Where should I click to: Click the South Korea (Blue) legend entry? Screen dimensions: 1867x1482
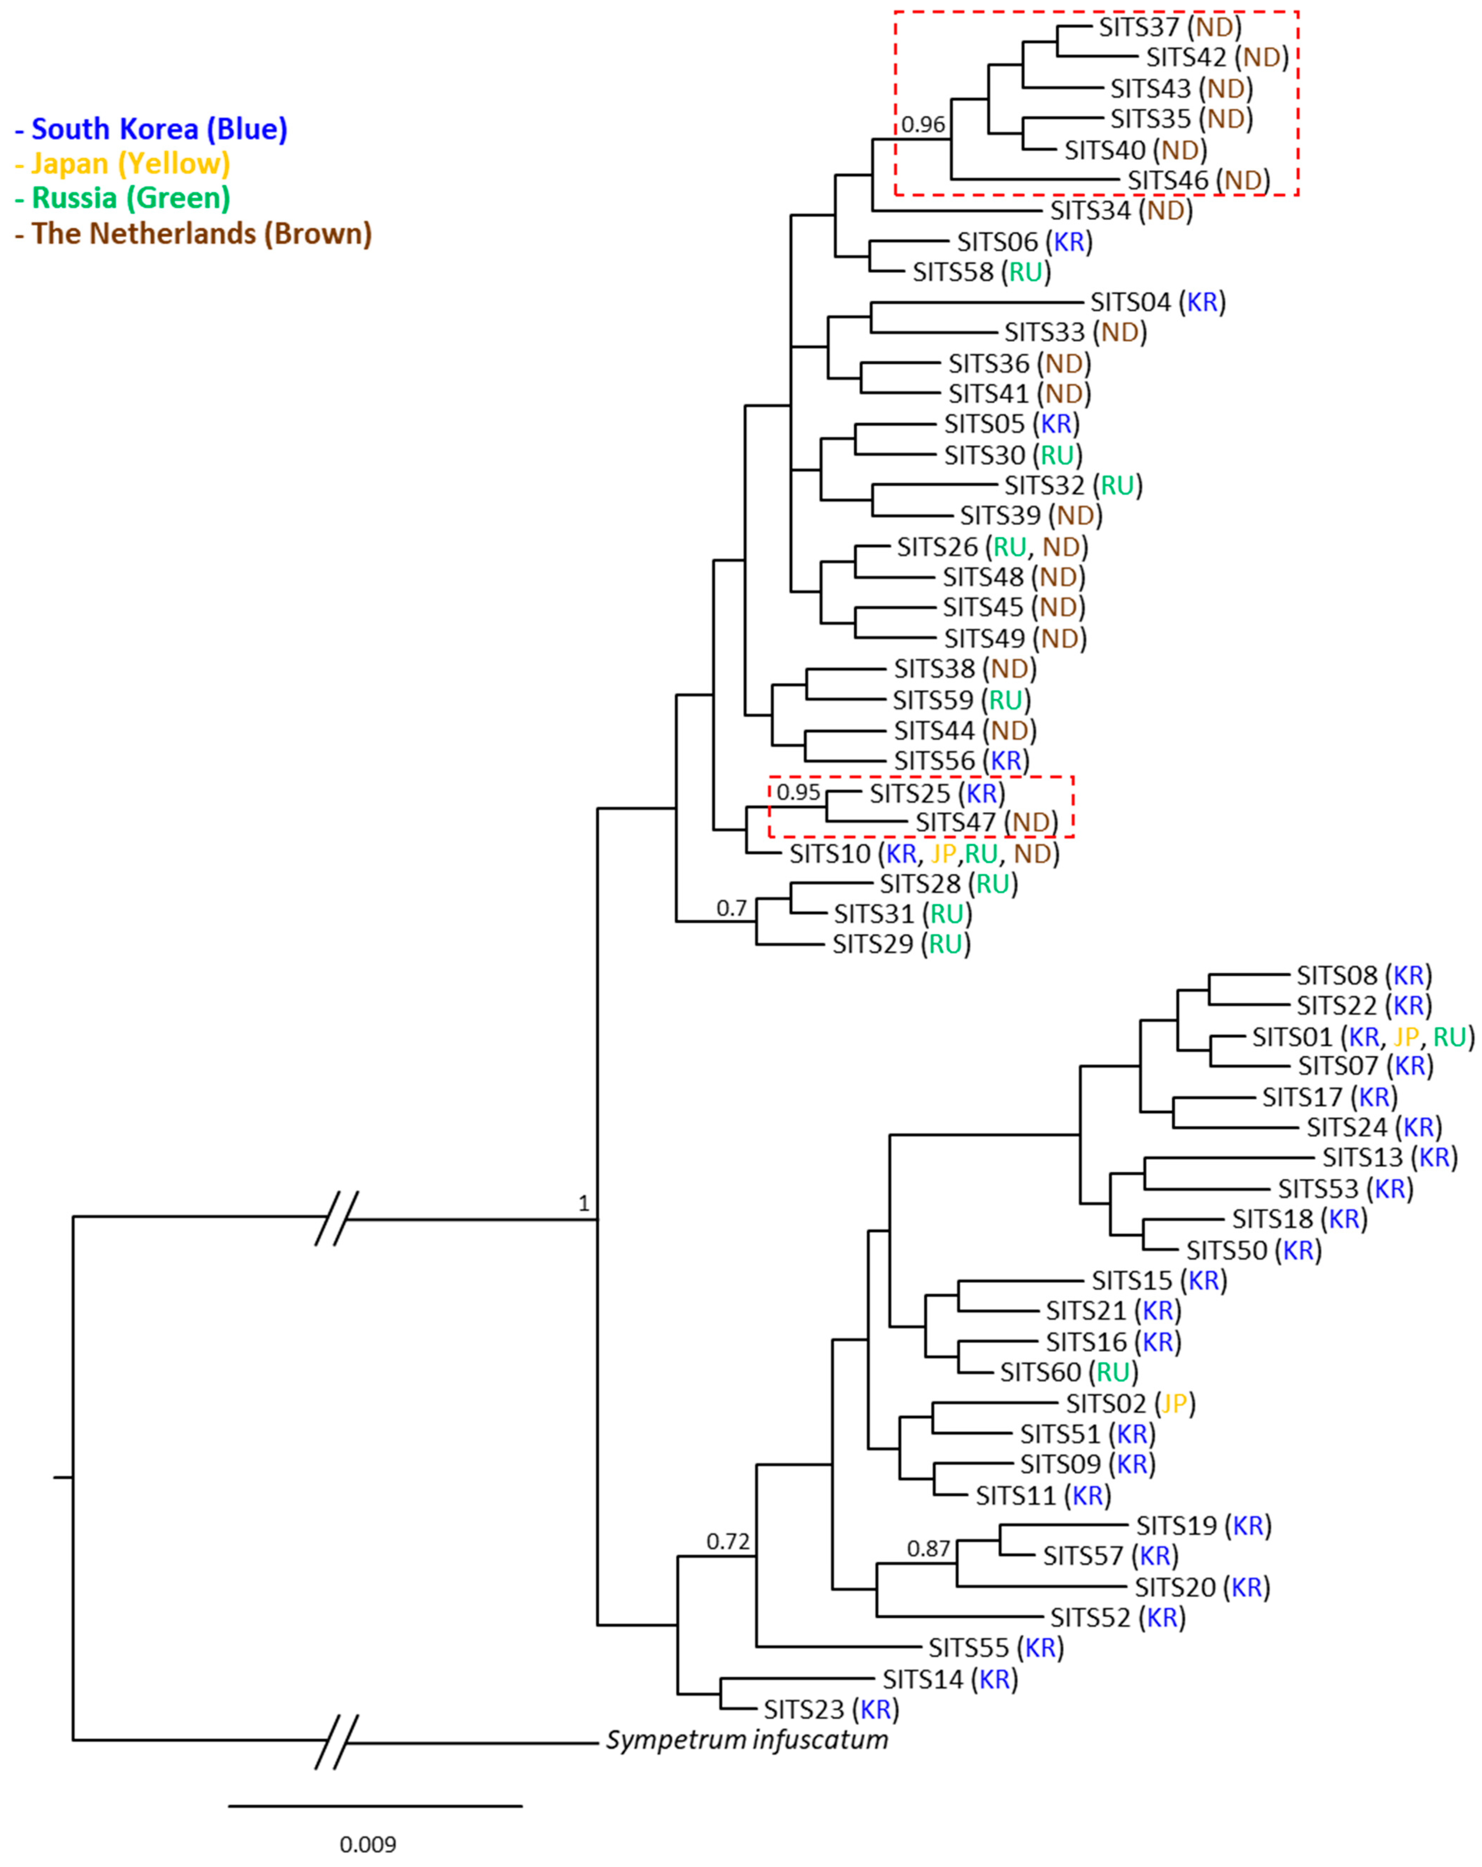pyautogui.click(x=152, y=129)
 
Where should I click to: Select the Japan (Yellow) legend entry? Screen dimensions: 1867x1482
pyautogui.click(x=123, y=164)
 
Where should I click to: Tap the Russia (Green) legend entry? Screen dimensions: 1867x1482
pyautogui.click(x=123, y=198)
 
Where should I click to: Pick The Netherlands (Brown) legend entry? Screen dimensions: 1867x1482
pyautogui.click(x=194, y=234)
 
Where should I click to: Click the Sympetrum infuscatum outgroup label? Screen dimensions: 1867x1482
pyautogui.click(x=746, y=1740)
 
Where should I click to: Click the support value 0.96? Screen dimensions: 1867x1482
pyautogui.click(x=922, y=125)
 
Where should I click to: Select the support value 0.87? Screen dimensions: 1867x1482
pyautogui.click(x=929, y=1548)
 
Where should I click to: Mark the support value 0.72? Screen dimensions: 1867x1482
pyautogui.click(x=728, y=1542)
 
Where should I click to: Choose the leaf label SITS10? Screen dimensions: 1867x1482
pyautogui.click(x=829, y=854)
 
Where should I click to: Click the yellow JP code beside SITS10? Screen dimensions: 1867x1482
pyautogui.click(x=943, y=854)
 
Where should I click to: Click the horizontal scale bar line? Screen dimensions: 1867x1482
pyautogui.click(x=375, y=1805)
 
